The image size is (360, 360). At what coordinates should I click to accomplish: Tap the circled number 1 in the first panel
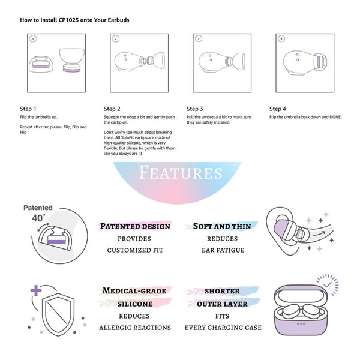[33, 39]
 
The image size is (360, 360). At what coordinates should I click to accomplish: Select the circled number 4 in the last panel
[281, 39]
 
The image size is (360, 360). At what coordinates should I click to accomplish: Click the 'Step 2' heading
[112, 109]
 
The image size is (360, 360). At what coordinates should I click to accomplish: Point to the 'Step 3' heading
[194, 109]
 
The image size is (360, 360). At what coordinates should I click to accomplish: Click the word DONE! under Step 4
[335, 117]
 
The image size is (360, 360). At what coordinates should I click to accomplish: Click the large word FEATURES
[181, 173]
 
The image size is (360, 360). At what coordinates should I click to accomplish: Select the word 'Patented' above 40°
[38, 208]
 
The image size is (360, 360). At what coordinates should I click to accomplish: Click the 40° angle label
[38, 218]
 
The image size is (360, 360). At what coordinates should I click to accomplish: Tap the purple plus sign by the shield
[36, 290]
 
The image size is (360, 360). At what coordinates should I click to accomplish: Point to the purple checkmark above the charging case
[328, 284]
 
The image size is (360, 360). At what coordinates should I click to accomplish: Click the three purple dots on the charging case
[301, 324]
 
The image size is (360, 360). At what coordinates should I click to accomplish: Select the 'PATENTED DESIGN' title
[135, 226]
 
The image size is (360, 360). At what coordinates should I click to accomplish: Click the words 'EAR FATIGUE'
[223, 250]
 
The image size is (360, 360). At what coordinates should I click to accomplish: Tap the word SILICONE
[135, 304]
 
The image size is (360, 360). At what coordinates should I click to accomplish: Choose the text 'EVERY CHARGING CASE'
[223, 328]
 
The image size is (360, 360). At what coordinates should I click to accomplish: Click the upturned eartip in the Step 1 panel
[72, 60]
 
